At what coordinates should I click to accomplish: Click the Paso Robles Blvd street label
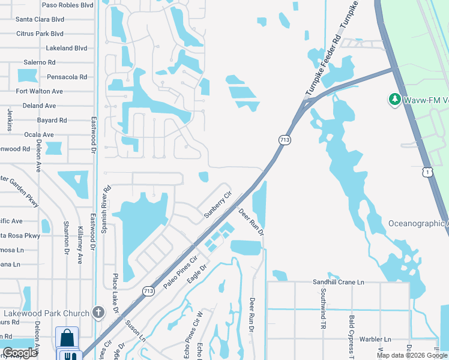[67, 5]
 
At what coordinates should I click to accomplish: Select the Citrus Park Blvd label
[40, 34]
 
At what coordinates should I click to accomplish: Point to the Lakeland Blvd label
[66, 48]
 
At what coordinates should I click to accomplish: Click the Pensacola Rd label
[67, 77]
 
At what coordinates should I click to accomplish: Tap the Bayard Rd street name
[51, 120]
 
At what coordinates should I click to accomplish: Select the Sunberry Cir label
[217, 204]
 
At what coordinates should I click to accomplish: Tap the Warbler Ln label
[375, 339]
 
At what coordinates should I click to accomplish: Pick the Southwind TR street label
[323, 303]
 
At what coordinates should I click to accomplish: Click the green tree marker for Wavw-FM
[394, 99]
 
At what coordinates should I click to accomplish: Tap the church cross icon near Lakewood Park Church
[98, 312]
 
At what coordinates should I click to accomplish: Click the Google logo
[20, 353]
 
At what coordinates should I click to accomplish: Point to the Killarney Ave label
[80, 245]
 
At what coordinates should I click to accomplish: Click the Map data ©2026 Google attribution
[411, 355]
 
